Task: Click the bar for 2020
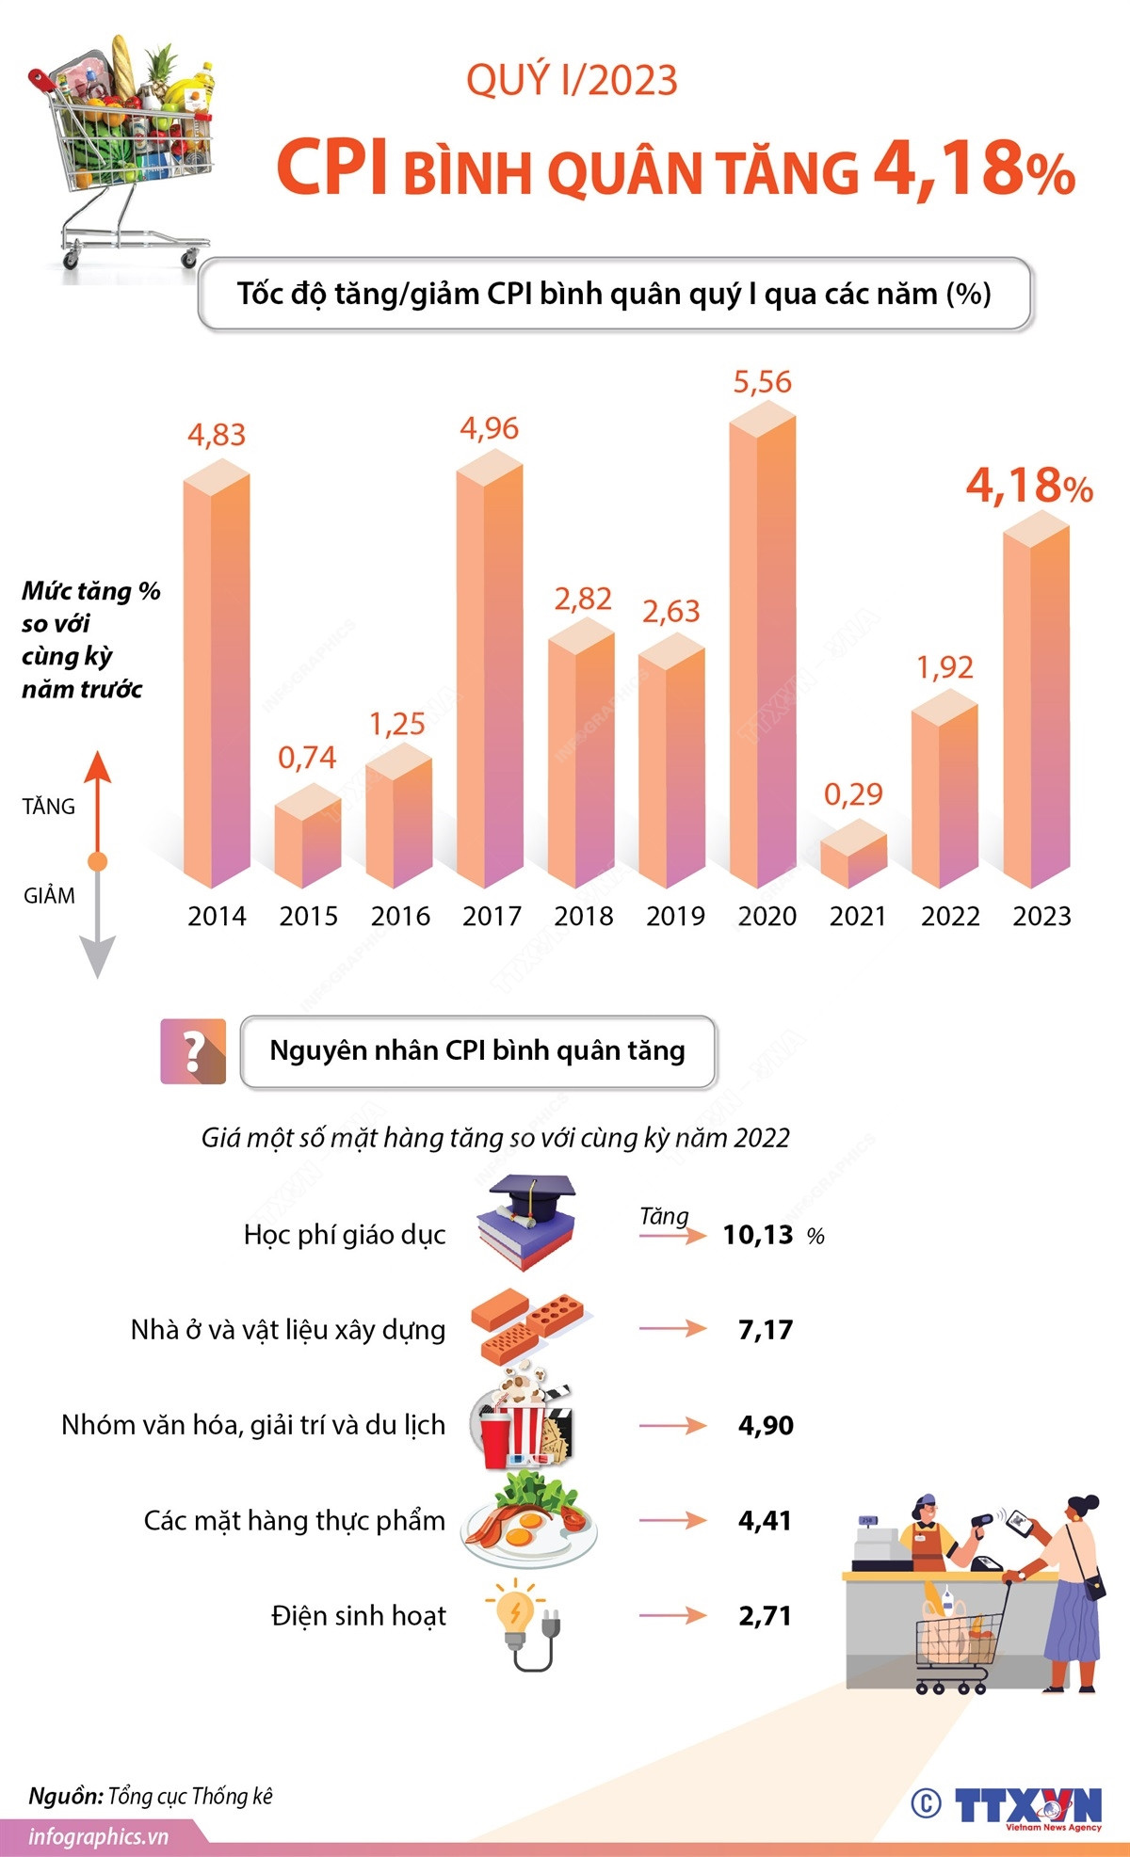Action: (x=762, y=649)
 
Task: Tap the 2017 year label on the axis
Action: (x=492, y=916)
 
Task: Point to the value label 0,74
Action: (x=307, y=758)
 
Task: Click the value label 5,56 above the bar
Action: (x=762, y=382)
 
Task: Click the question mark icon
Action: (x=193, y=1051)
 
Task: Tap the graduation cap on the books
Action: (x=531, y=1191)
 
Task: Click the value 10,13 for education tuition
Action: (x=758, y=1235)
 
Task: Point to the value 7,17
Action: (x=766, y=1330)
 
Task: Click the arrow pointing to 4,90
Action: (x=672, y=1425)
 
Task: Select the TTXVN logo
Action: (x=1026, y=1804)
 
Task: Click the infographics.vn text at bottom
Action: (x=98, y=1836)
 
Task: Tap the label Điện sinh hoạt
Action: (x=359, y=1616)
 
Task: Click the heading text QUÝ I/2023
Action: (x=572, y=81)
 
